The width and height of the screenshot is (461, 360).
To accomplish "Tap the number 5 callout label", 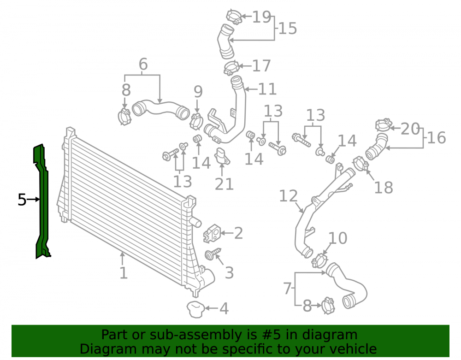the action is point(22,200).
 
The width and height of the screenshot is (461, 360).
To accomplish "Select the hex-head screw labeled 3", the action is point(212,254).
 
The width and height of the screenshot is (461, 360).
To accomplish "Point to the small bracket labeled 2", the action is point(212,233).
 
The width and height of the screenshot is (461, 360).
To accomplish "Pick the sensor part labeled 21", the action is point(222,156).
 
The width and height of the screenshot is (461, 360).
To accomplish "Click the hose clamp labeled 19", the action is point(234,17).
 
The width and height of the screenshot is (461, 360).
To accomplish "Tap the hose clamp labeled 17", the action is point(232,68).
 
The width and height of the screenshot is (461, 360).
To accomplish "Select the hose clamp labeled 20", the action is point(384,125).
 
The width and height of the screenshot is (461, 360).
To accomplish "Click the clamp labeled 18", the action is point(361,163).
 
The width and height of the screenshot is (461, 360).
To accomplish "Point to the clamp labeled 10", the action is point(319,260).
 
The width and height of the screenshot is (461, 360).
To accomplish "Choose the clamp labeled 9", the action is point(196,121).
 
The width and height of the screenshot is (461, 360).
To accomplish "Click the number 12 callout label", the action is point(288,196).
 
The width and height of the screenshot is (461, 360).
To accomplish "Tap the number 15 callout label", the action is point(288,28).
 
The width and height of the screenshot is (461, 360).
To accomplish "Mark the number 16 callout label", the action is point(437,137).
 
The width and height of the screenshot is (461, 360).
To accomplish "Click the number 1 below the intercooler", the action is point(124,273).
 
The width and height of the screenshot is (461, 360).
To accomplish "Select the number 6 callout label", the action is point(143,64).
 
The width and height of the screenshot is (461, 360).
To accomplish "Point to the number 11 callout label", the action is point(267,89).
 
